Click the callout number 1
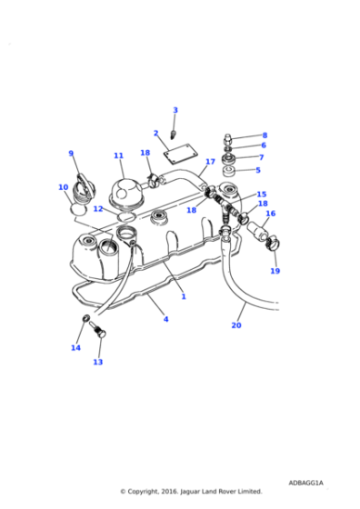pos(183,296)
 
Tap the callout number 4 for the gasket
pos(165,319)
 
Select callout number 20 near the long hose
pos(236,325)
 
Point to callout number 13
pos(97,362)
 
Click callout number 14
pos(75,347)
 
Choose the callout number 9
pos(71,154)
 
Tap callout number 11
pos(118,155)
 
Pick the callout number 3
pos(175,110)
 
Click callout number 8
pos(265,135)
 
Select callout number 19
pos(275,271)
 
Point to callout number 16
pos(270,214)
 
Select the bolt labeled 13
pos(100,334)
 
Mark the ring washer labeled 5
pos(229,171)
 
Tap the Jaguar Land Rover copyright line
pos(191,491)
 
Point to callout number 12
pos(97,209)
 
